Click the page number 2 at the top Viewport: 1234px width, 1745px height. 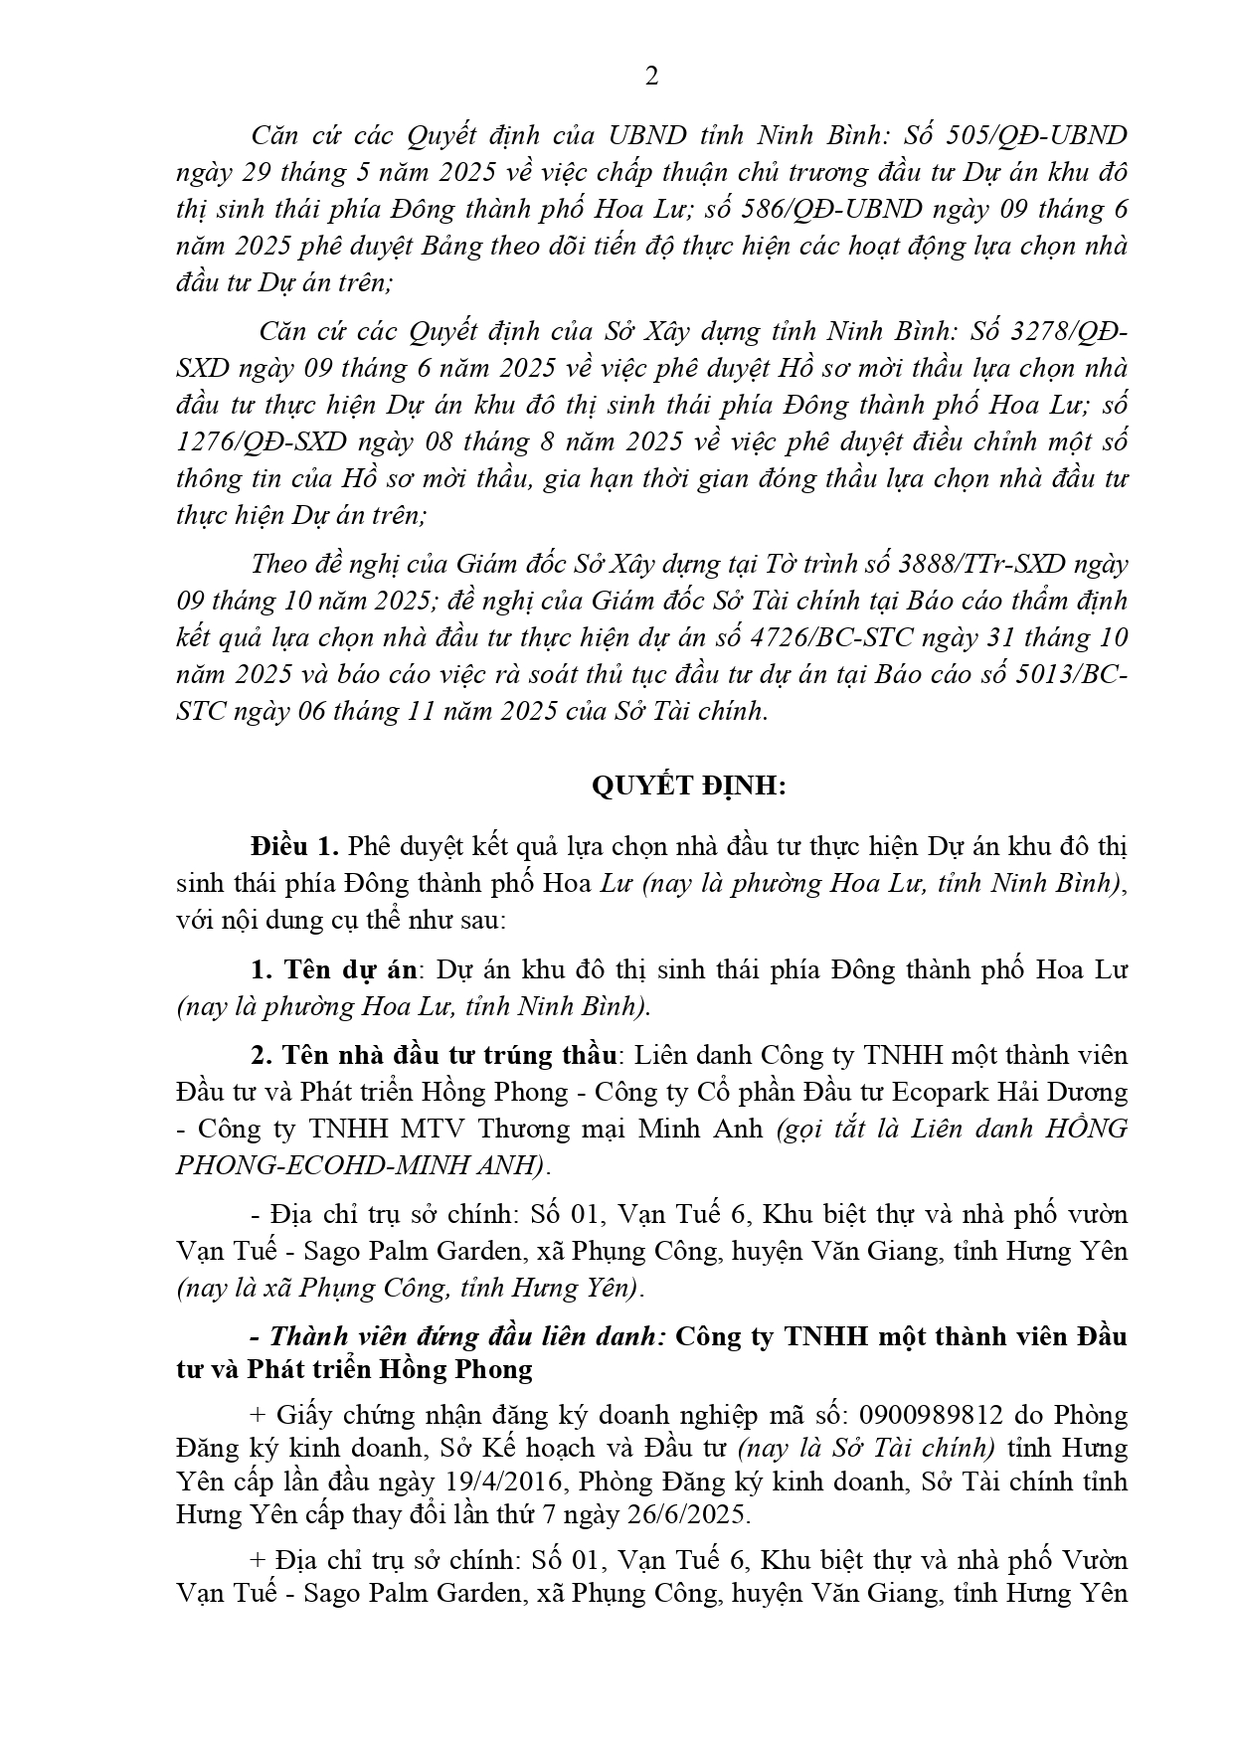[x=651, y=77]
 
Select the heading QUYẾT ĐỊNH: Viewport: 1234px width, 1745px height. [x=688, y=786]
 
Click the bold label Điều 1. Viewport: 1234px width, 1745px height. [x=295, y=847]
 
